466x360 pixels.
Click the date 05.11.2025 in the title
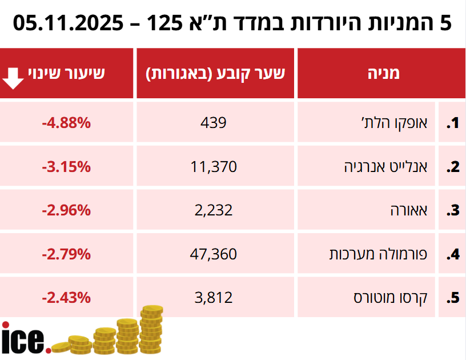click(67, 23)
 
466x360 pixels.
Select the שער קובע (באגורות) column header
click(216, 73)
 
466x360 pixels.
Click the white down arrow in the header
click(14, 77)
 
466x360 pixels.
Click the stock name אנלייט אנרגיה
click(388, 166)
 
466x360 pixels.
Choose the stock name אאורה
click(411, 210)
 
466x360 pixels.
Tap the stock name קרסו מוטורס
click(393, 297)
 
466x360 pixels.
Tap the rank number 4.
click(453, 254)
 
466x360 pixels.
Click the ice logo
click(24, 338)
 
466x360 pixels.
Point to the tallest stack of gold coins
click(152, 329)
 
